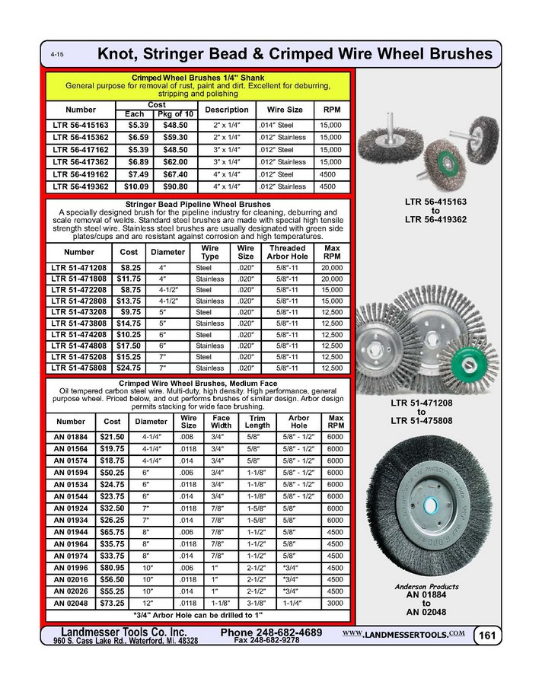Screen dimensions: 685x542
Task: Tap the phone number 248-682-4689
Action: coord(271,632)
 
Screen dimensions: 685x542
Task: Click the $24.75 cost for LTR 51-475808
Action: coord(127,368)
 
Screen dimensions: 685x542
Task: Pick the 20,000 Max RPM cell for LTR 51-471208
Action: coord(331,269)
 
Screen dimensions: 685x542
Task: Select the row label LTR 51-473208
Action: coord(79,311)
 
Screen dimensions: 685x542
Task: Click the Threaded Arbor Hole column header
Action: coord(287,252)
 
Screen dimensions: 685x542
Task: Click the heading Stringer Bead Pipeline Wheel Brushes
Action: coord(199,205)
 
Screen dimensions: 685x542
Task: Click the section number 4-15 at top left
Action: coord(57,56)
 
